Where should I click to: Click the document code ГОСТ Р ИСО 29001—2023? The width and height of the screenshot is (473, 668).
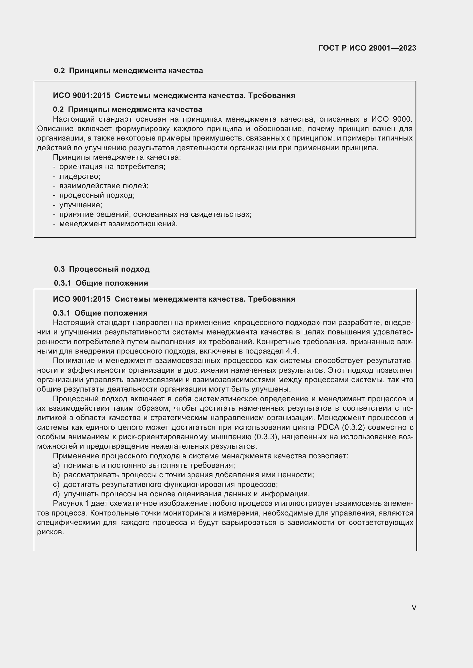[367, 48]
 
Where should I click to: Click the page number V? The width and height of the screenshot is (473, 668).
[414, 607]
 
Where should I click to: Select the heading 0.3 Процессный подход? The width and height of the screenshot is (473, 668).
[102, 269]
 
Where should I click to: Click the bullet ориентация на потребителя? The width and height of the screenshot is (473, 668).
[112, 167]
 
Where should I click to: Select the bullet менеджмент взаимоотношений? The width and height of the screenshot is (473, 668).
[118, 224]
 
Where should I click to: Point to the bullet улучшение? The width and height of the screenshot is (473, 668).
[81, 205]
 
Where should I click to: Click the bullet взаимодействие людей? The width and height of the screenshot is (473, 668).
[104, 186]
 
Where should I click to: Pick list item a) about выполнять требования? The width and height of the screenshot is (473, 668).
[144, 465]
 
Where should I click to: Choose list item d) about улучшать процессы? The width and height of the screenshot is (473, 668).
[181, 494]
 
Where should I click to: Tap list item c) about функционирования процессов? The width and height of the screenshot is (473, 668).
[165, 484]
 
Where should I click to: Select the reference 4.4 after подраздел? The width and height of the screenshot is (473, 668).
[292, 351]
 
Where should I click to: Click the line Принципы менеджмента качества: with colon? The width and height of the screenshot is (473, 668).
[117, 157]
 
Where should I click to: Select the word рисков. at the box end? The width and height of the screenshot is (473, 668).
[50, 532]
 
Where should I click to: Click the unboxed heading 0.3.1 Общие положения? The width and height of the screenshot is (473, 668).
[101, 283]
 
